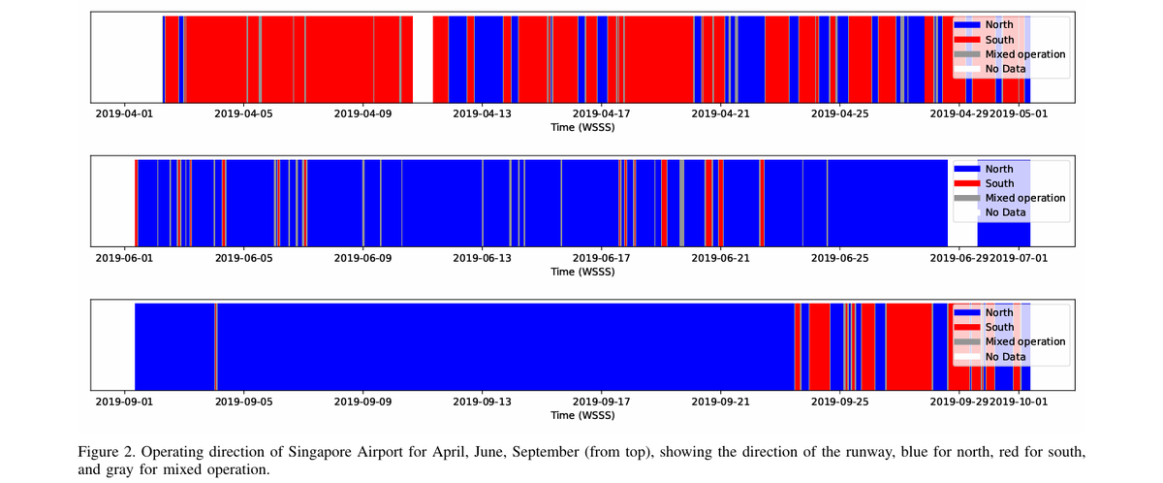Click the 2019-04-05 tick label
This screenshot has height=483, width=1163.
click(x=244, y=113)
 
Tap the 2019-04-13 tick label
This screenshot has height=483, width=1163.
click(x=483, y=113)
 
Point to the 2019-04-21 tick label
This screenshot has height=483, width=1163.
click(x=721, y=113)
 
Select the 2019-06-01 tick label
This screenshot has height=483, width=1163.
click(x=124, y=258)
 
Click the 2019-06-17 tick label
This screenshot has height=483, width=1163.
click(x=602, y=258)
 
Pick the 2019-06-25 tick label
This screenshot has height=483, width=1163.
click(x=840, y=258)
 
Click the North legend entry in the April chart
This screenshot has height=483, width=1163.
click(x=999, y=25)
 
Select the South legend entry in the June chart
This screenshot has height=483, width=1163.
click(x=999, y=183)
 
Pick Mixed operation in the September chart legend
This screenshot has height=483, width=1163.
click(x=1024, y=341)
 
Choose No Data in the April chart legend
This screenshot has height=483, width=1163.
click(x=1005, y=69)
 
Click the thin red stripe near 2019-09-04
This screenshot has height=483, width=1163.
click(x=215, y=346)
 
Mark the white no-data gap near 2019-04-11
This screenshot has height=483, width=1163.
click(x=423, y=58)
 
